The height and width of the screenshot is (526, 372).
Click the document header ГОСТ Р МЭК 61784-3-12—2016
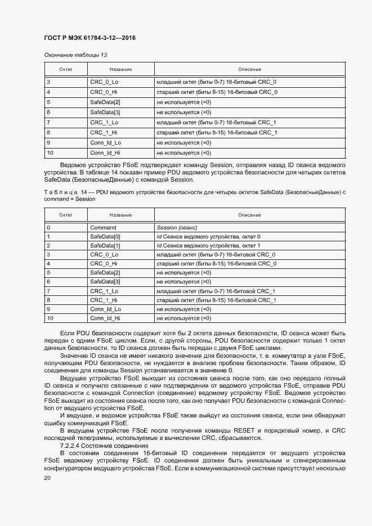(89, 38)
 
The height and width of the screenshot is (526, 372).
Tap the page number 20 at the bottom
(47, 478)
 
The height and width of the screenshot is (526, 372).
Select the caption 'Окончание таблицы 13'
(75, 55)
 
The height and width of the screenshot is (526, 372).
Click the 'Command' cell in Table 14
(104, 227)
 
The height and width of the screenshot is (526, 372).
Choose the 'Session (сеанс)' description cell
(177, 227)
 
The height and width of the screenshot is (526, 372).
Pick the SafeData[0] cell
(105, 236)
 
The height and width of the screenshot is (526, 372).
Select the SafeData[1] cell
(105, 245)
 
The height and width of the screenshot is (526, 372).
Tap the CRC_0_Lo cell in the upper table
(104, 82)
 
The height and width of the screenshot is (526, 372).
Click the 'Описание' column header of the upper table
(249, 69)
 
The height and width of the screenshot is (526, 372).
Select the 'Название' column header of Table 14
(120, 215)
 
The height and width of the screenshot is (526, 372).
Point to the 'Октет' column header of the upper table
(65, 69)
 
